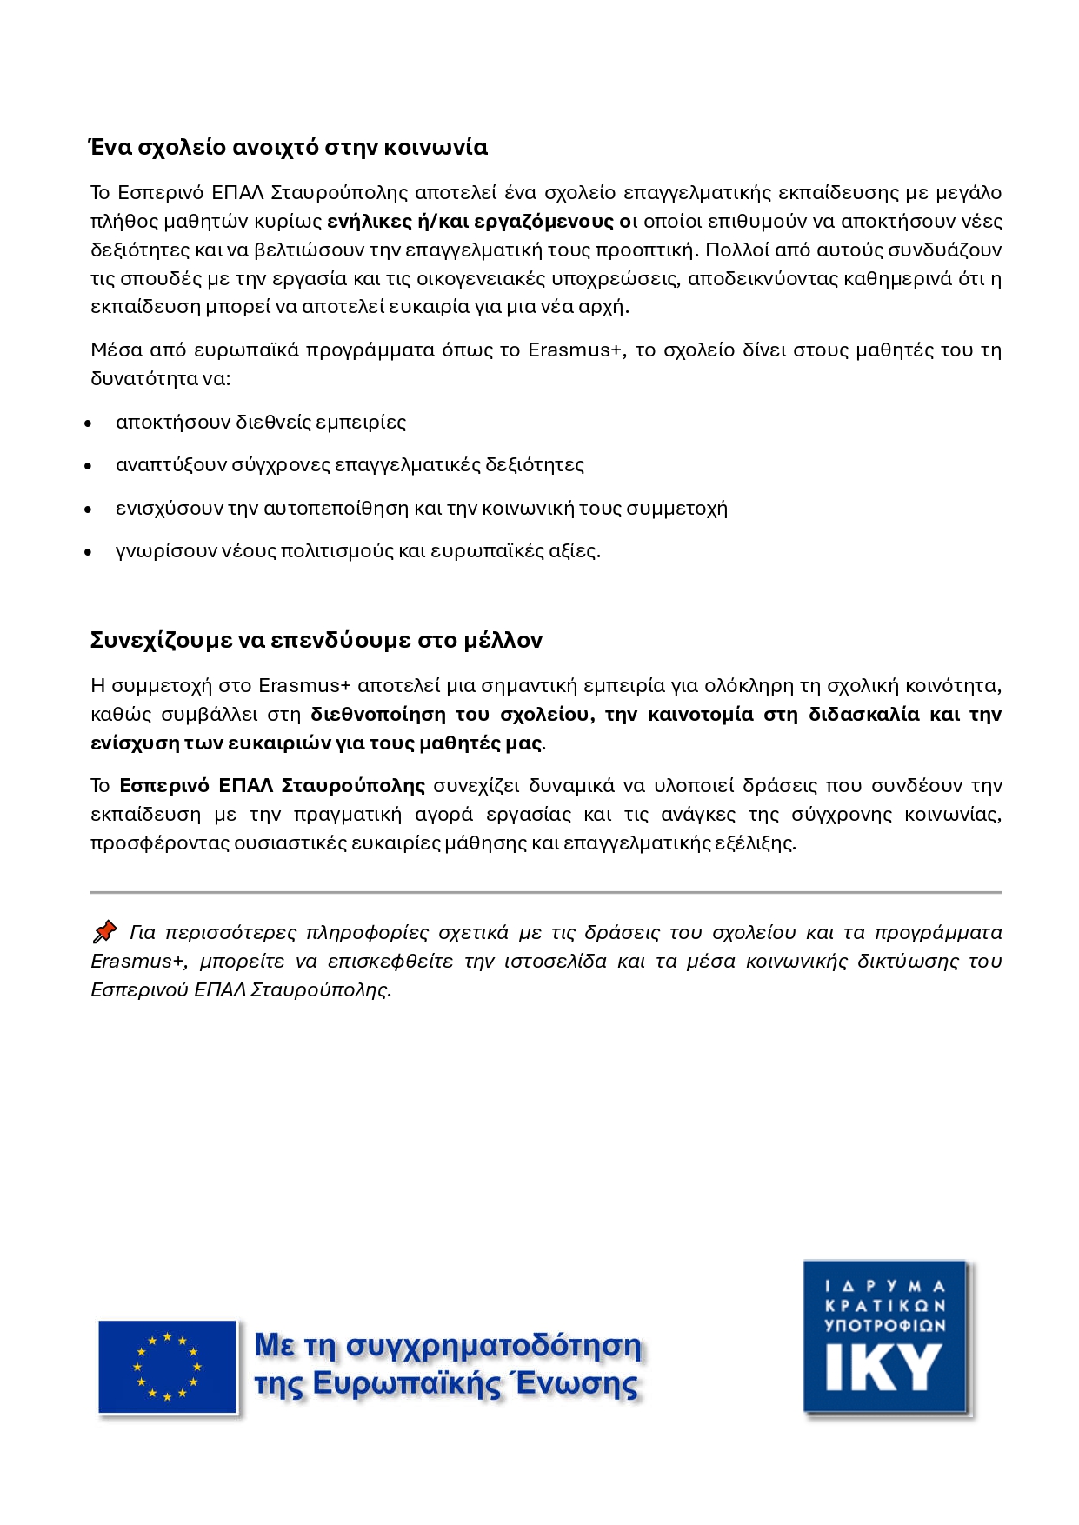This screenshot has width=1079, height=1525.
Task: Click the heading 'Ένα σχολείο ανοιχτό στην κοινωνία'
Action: tap(289, 147)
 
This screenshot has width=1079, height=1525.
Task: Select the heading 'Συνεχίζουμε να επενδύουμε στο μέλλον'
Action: tap(316, 640)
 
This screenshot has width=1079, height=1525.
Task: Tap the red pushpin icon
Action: tap(104, 932)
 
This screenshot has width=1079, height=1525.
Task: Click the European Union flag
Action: tap(167, 1367)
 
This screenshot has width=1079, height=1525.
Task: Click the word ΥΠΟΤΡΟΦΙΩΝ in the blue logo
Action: tap(884, 1326)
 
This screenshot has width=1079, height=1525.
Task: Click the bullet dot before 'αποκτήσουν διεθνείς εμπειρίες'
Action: tap(88, 423)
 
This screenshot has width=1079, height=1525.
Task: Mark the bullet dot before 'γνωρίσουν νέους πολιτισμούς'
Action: tap(88, 552)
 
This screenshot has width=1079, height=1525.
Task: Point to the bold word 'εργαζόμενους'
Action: tap(543, 221)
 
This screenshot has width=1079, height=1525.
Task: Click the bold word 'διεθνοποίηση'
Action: tap(378, 715)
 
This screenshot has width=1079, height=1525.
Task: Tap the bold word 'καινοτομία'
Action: tap(701, 715)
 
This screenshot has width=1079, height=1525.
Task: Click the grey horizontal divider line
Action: tap(545, 892)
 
